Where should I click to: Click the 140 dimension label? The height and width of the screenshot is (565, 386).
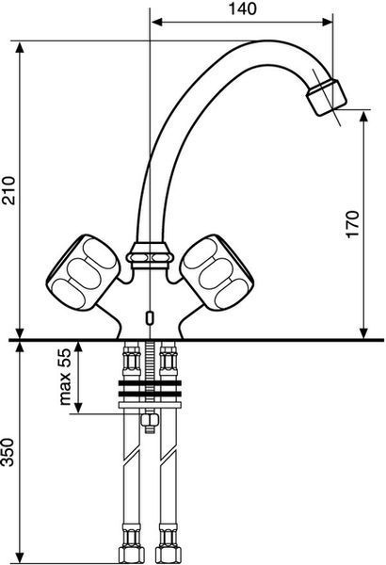coord(243,9)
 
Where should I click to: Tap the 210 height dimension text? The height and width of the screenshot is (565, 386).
coord(8,190)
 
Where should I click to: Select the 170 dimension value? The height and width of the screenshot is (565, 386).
coord(353,224)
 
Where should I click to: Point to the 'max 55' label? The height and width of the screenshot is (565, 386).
coord(65,377)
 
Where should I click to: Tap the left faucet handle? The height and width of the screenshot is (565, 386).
coord(83,273)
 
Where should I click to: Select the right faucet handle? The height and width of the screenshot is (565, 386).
coord(217,273)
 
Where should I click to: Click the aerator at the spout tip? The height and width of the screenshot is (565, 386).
coord(327,97)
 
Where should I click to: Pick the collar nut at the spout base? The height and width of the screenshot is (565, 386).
coord(150,256)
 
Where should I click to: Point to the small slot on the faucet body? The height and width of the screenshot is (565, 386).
coord(149,317)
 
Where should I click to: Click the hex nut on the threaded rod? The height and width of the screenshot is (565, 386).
coord(149,419)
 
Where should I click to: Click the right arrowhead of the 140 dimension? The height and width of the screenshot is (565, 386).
coord(328,22)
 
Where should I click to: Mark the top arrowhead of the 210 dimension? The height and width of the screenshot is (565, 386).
coord(20,47)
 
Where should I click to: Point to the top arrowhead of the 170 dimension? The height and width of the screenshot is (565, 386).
coord(364,116)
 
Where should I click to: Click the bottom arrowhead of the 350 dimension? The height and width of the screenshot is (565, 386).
coord(20,558)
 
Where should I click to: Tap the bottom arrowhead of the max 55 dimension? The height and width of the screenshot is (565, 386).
coord(78,407)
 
